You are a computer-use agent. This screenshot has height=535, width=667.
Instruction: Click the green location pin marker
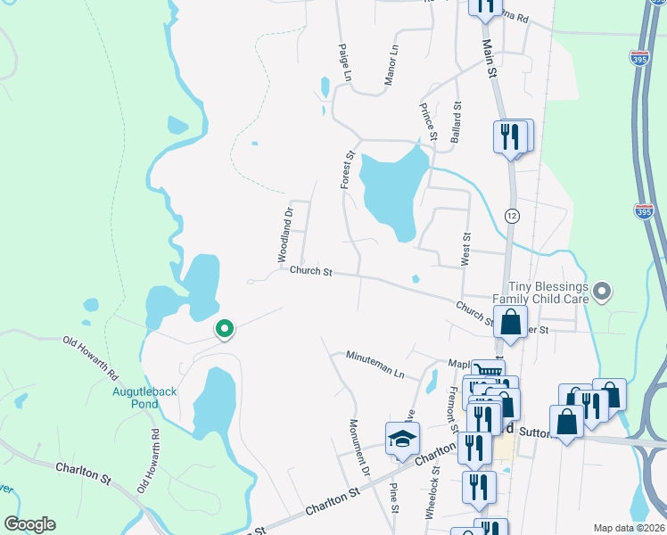pos(226,330)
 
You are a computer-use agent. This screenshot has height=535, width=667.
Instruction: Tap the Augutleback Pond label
pos(136,397)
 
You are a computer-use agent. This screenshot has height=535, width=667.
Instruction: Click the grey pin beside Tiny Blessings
pos(602,291)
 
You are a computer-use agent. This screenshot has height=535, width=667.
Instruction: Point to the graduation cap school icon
pos(402,438)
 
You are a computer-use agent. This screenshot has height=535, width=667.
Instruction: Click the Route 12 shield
pos(511,217)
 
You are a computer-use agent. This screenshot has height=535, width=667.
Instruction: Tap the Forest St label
pos(347,169)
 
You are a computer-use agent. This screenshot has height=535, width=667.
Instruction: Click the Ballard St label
pos(456,122)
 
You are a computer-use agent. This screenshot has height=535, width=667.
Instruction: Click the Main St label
pos(489,59)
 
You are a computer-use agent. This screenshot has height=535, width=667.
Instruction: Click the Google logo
pos(29,524)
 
